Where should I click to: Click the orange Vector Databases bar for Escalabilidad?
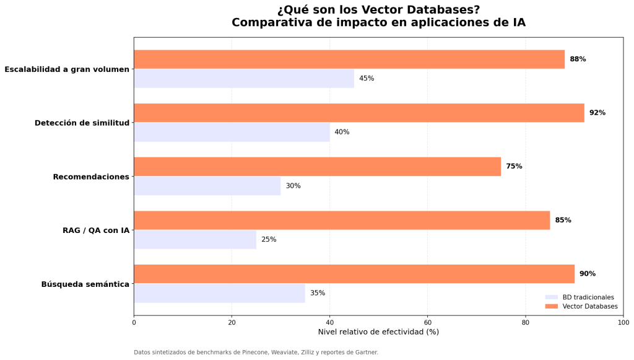tap(349, 59)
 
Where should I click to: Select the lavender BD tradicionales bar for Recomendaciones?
tap(207, 186)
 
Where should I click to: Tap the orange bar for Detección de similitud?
tap(359, 113)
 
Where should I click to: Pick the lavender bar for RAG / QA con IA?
tap(195, 239)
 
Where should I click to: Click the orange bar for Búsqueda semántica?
tap(354, 274)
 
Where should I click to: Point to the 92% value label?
tap(597, 113)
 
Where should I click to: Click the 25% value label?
tap(269, 239)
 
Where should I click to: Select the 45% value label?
tap(367, 79)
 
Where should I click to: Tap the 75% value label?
tap(514, 167)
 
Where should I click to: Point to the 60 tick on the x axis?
tap(427, 322)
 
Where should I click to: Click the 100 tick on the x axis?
tap(623, 322)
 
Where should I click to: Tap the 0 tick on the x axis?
tap(134, 322)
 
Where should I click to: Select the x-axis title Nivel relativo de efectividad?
tap(378, 332)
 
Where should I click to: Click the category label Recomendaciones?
tap(91, 177)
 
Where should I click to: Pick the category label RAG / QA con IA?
tap(96, 230)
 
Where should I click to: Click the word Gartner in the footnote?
tap(364, 353)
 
